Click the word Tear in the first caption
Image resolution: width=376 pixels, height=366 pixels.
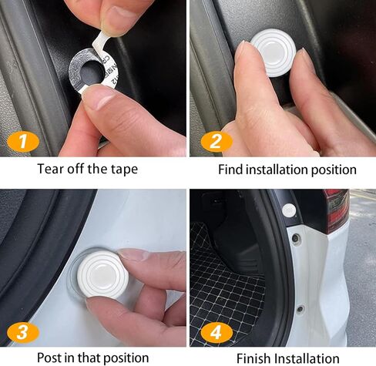[52, 169]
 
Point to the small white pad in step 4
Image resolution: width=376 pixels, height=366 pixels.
[290, 210]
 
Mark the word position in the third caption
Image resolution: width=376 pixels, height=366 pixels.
[125, 358]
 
